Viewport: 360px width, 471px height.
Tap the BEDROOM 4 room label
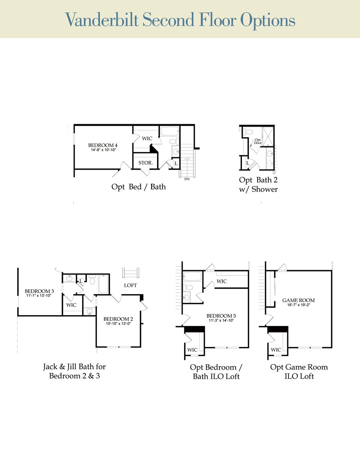coord(103,145)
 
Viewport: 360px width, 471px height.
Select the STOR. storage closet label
coord(145,163)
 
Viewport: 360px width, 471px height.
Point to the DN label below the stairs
coord(187,179)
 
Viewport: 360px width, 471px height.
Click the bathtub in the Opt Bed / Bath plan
coord(170,131)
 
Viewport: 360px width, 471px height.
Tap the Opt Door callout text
coord(258,141)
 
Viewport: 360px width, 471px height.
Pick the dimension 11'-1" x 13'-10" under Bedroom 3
coord(39,296)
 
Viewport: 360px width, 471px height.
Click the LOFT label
coord(130,285)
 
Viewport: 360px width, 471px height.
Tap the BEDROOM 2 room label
coord(118,319)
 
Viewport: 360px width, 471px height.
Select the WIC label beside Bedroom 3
coord(71,305)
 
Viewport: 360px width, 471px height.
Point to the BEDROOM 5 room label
coord(221,316)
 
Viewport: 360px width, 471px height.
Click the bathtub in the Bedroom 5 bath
coord(192,277)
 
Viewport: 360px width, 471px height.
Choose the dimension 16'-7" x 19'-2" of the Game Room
coord(298,305)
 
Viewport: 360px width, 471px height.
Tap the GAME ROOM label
coord(298,300)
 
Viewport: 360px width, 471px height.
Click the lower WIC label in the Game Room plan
coord(276,350)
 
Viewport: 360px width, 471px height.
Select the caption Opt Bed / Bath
coord(138,187)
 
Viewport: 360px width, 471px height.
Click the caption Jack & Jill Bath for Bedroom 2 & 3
coord(74,371)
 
